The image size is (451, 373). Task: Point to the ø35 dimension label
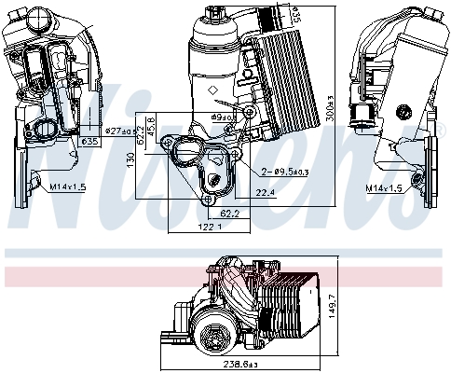(x=90, y=142)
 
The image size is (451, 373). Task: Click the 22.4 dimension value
(x=264, y=193)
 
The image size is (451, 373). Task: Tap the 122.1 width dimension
(x=196, y=227)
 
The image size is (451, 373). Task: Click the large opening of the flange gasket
(x=190, y=154)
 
